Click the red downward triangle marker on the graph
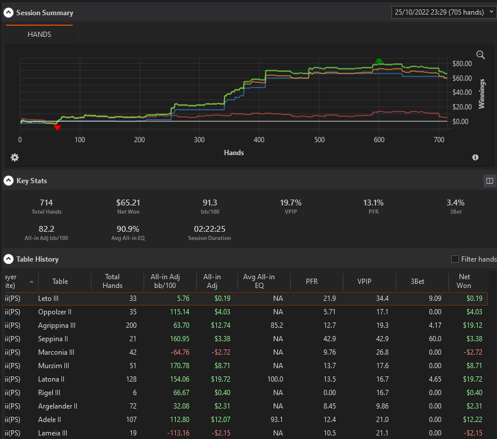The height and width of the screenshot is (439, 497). pyautogui.click(x=57, y=128)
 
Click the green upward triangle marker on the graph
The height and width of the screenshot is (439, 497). pyautogui.click(x=379, y=61)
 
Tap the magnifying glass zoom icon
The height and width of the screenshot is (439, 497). pyautogui.click(x=481, y=55)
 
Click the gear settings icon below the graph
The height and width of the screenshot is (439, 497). pyautogui.click(x=15, y=157)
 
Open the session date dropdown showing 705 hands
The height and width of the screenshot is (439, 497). pyautogui.click(x=444, y=12)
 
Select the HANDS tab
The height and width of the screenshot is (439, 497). pyautogui.click(x=39, y=34)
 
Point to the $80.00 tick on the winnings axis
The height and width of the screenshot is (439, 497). pyautogui.click(x=462, y=64)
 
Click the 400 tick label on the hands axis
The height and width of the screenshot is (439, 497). pyautogui.click(x=259, y=139)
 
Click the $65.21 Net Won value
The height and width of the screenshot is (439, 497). pyautogui.click(x=128, y=203)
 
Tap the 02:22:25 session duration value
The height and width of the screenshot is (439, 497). pyautogui.click(x=209, y=229)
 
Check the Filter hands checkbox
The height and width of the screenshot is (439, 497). pyautogui.click(x=455, y=259)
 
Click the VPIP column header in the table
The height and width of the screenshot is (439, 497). pyautogui.click(x=364, y=281)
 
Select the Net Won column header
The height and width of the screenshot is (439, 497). pyautogui.click(x=464, y=281)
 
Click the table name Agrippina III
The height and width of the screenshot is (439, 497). pyautogui.click(x=57, y=325)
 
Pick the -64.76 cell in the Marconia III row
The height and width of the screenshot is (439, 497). pyautogui.click(x=180, y=352)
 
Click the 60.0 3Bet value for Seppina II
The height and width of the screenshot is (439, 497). pyautogui.click(x=435, y=339)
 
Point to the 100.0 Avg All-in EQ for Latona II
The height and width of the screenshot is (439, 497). pyautogui.click(x=275, y=379)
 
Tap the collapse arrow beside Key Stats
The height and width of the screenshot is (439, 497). pyautogui.click(x=9, y=180)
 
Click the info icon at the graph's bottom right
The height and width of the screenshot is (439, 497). pyautogui.click(x=475, y=157)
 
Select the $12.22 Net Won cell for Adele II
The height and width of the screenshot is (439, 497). pyautogui.click(x=472, y=419)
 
